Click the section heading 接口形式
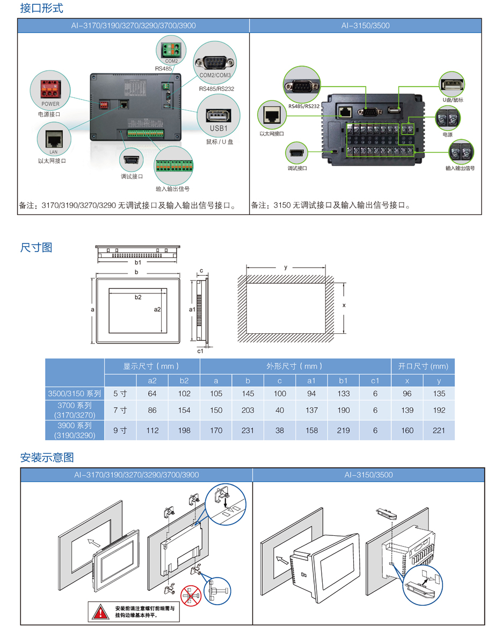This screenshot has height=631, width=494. click(x=41, y=9)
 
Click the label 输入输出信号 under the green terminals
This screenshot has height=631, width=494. click(x=172, y=189)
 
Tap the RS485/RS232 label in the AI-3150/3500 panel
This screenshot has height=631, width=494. click(x=303, y=106)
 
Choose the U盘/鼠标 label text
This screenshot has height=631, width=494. click(x=453, y=100)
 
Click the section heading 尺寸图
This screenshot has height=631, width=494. click(x=36, y=247)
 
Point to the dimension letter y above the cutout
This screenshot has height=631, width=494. click(x=286, y=267)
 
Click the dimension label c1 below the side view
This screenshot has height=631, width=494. click(x=200, y=351)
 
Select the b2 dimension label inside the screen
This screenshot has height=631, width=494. click(x=138, y=297)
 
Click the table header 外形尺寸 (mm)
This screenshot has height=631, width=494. click(x=295, y=366)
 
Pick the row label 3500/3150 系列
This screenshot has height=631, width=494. click(x=75, y=393)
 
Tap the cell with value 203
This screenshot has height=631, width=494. click(x=248, y=410)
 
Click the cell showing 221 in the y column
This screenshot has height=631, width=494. click(x=439, y=430)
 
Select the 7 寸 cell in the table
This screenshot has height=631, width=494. click(x=120, y=410)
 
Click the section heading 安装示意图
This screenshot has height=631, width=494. click(x=47, y=457)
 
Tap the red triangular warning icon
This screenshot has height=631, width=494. click(x=100, y=611)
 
